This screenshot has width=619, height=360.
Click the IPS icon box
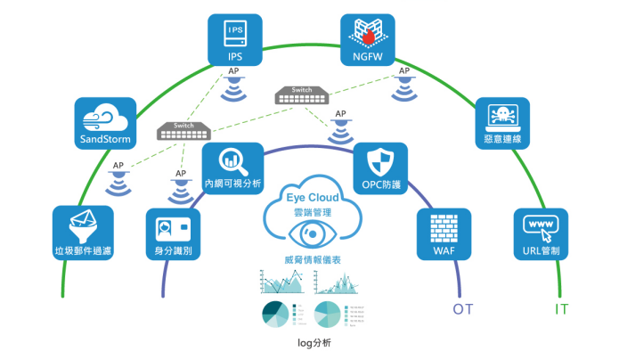tap(235, 41)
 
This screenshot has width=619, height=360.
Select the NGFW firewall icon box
tap(369, 41)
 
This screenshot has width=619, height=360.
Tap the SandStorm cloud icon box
tap(104, 125)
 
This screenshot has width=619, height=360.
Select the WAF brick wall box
tap(443, 233)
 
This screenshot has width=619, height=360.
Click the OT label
tap(462, 309)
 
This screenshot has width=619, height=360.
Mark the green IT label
tap(562, 309)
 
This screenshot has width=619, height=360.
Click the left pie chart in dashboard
tap(277, 315)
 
